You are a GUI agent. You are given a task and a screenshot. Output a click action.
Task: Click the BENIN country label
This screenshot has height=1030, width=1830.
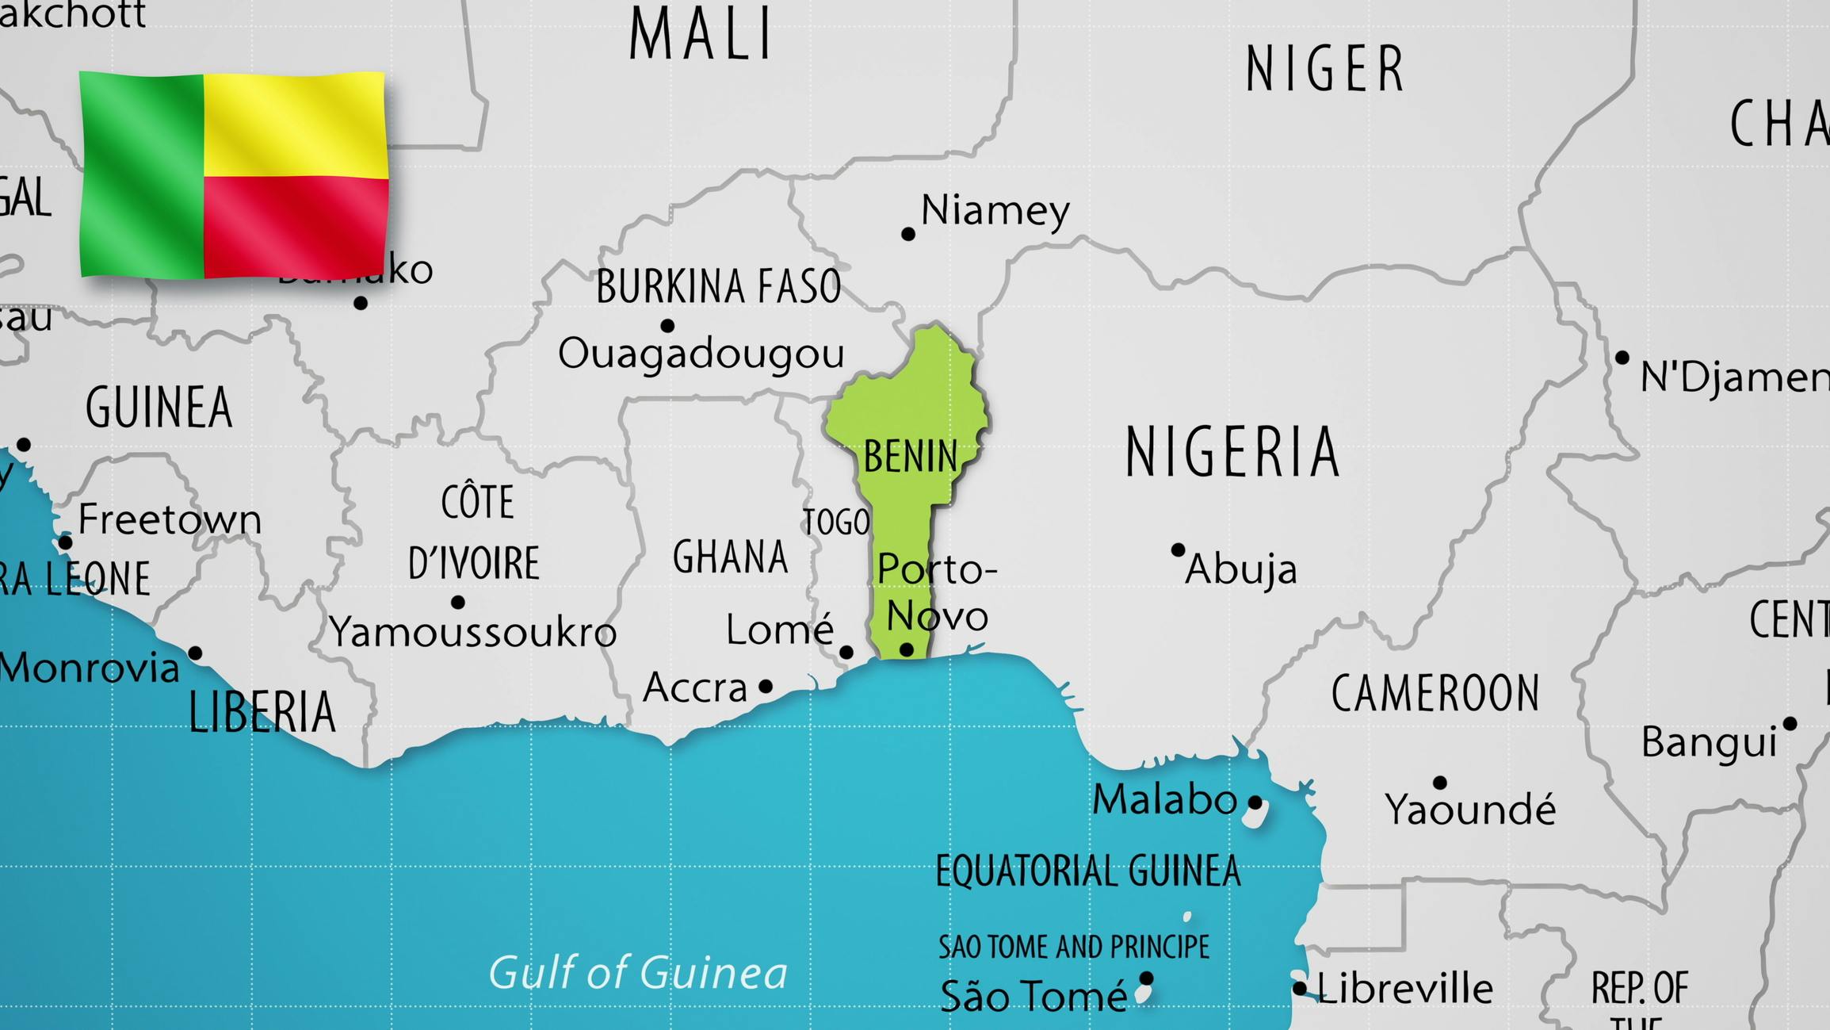tap(911, 457)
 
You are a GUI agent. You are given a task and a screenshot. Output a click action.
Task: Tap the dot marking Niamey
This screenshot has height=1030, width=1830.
tap(908, 234)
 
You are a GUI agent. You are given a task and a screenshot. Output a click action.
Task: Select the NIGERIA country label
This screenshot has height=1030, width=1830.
tap(1232, 452)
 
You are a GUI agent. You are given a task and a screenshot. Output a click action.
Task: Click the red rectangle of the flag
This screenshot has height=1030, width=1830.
tap(296, 226)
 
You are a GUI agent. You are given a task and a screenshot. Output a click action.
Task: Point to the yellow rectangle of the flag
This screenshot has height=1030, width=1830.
tap(296, 124)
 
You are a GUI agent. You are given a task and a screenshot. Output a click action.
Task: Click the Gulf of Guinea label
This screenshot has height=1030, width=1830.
tap(638, 973)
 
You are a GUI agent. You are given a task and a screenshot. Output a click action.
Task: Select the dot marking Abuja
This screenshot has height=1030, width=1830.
tap(1178, 549)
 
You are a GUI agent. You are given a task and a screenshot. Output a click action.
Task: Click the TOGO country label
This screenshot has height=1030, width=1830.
tap(836, 523)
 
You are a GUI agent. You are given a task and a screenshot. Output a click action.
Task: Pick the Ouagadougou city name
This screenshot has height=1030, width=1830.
tap(701, 354)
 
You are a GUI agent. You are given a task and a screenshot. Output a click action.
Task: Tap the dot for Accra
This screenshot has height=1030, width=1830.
tap(766, 686)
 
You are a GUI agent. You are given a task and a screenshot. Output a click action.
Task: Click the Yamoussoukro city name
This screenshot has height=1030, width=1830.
tap(473, 633)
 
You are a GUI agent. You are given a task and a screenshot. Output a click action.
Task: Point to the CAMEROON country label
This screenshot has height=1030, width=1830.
tap(1435, 693)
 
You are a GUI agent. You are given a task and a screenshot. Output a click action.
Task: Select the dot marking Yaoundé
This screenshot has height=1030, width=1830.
tap(1440, 783)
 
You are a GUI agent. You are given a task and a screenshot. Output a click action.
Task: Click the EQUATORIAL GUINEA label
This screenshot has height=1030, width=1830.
tap(1087, 871)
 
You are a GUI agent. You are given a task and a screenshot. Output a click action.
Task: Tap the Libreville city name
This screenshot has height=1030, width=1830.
tap(1404, 989)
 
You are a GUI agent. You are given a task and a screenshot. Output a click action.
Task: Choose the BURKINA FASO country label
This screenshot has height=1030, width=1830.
tap(718, 286)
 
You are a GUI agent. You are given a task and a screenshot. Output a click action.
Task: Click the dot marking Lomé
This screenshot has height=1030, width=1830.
tap(846, 652)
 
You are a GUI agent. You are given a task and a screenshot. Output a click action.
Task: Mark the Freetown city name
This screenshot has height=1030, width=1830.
tap(170, 520)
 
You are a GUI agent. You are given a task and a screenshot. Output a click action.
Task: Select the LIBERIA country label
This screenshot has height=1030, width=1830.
tap(262, 711)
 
